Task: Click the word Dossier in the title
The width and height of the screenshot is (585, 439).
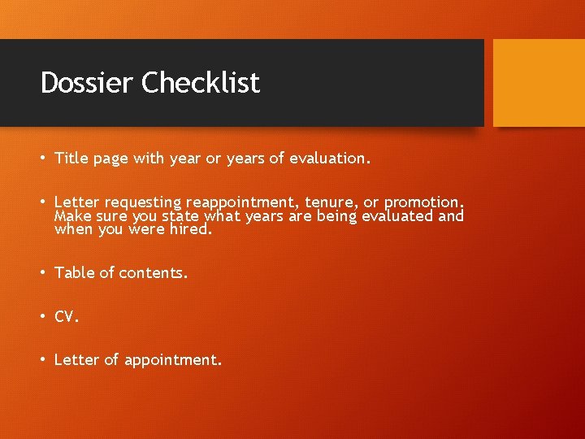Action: click(x=87, y=82)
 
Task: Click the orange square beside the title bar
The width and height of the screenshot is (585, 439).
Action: click(x=539, y=83)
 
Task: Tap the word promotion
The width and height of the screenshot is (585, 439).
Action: click(x=424, y=202)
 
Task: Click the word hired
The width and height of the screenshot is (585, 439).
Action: click(x=191, y=229)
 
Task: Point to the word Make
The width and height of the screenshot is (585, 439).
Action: click(x=71, y=215)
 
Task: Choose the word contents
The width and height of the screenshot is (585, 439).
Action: click(x=154, y=273)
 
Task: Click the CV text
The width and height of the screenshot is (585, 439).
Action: click(x=66, y=317)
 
